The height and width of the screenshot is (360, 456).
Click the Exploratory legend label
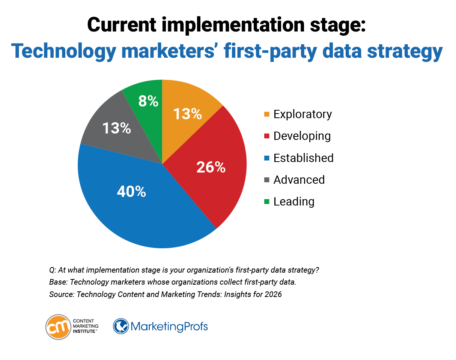(302, 114)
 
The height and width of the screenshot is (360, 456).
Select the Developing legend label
(302, 136)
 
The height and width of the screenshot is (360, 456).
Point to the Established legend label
(303, 158)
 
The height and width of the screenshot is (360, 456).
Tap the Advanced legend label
(299, 180)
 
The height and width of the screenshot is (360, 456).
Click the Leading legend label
(293, 201)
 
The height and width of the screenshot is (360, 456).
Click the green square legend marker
(266, 202)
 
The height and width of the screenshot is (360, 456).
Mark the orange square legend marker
(266, 114)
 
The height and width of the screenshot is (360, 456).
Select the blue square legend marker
(266, 158)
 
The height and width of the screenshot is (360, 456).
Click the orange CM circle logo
(58, 327)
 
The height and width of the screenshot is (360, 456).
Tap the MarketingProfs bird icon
(121, 326)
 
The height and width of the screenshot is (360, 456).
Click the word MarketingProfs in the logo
(169, 326)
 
